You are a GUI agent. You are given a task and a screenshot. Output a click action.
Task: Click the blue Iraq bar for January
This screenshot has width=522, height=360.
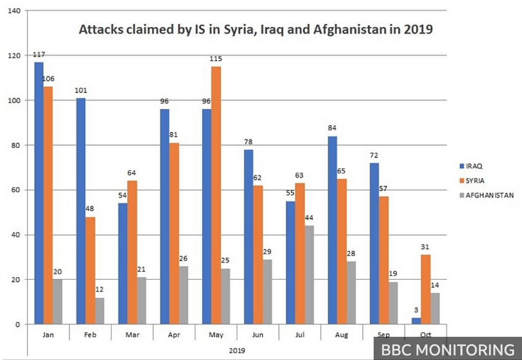pos(38,193)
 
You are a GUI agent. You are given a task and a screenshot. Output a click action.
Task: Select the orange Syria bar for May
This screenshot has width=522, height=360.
pos(216,195)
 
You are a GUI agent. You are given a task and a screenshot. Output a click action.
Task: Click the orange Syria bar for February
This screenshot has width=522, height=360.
pos(90,270)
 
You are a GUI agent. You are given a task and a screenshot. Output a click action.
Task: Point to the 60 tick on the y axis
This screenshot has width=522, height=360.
pos(16,190)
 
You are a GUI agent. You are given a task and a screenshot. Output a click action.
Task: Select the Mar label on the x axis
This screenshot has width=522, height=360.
pos(132,335)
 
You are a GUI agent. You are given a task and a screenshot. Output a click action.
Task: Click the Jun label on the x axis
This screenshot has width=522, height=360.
pos(258,335)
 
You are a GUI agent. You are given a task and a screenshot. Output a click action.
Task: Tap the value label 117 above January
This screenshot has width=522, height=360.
pos(39,55)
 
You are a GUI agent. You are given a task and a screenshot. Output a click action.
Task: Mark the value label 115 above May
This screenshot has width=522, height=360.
pos(216,59)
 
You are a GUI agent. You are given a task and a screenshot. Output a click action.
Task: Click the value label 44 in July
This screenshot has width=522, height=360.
pos(310,218)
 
